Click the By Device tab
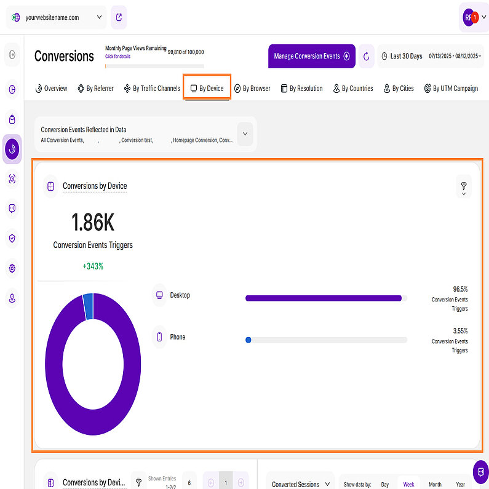click(207, 89)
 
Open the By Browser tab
click(252, 89)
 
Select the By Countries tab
click(353, 89)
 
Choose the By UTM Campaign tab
click(451, 89)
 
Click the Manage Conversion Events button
click(311, 56)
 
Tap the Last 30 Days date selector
click(402, 56)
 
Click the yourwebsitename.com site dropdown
click(56, 18)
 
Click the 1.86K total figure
click(93, 222)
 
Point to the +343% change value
click(93, 266)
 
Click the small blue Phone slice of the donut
click(88, 306)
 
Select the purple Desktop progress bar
click(324, 298)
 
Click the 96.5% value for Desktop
click(460, 288)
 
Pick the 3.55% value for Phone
click(459, 330)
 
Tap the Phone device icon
click(159, 337)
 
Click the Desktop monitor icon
click(159, 295)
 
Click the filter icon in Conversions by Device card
click(463, 186)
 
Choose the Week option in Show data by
click(408, 484)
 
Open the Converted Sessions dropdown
click(300, 483)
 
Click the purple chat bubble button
click(480, 472)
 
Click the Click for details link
click(117, 57)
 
